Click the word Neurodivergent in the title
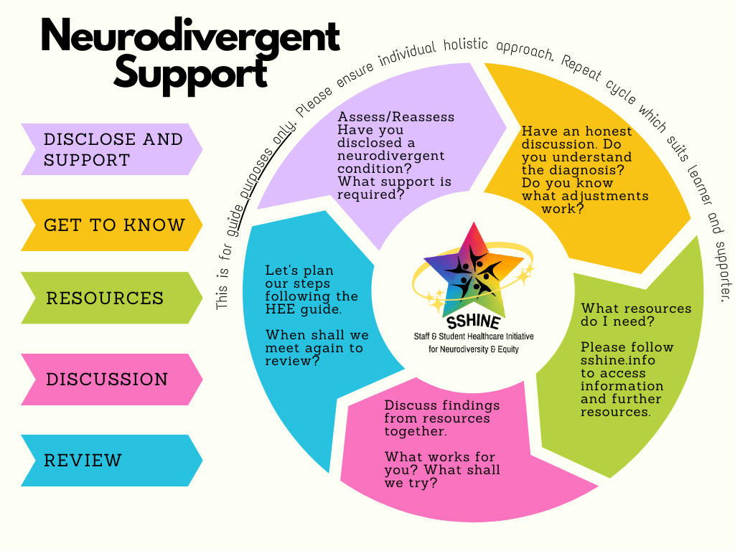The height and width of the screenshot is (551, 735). (189, 37)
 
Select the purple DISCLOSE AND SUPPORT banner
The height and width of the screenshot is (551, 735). (111, 149)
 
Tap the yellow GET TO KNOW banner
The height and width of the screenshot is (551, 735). (111, 225)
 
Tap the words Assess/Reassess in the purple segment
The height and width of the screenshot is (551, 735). (396, 117)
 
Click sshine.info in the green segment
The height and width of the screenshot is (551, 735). (618, 360)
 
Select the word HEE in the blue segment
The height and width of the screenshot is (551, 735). (279, 309)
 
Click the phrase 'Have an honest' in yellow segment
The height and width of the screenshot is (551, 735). (576, 131)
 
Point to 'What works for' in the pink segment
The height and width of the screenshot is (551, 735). (440, 457)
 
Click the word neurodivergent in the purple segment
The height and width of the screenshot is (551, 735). (391, 156)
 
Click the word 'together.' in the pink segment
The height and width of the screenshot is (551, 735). (416, 431)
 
